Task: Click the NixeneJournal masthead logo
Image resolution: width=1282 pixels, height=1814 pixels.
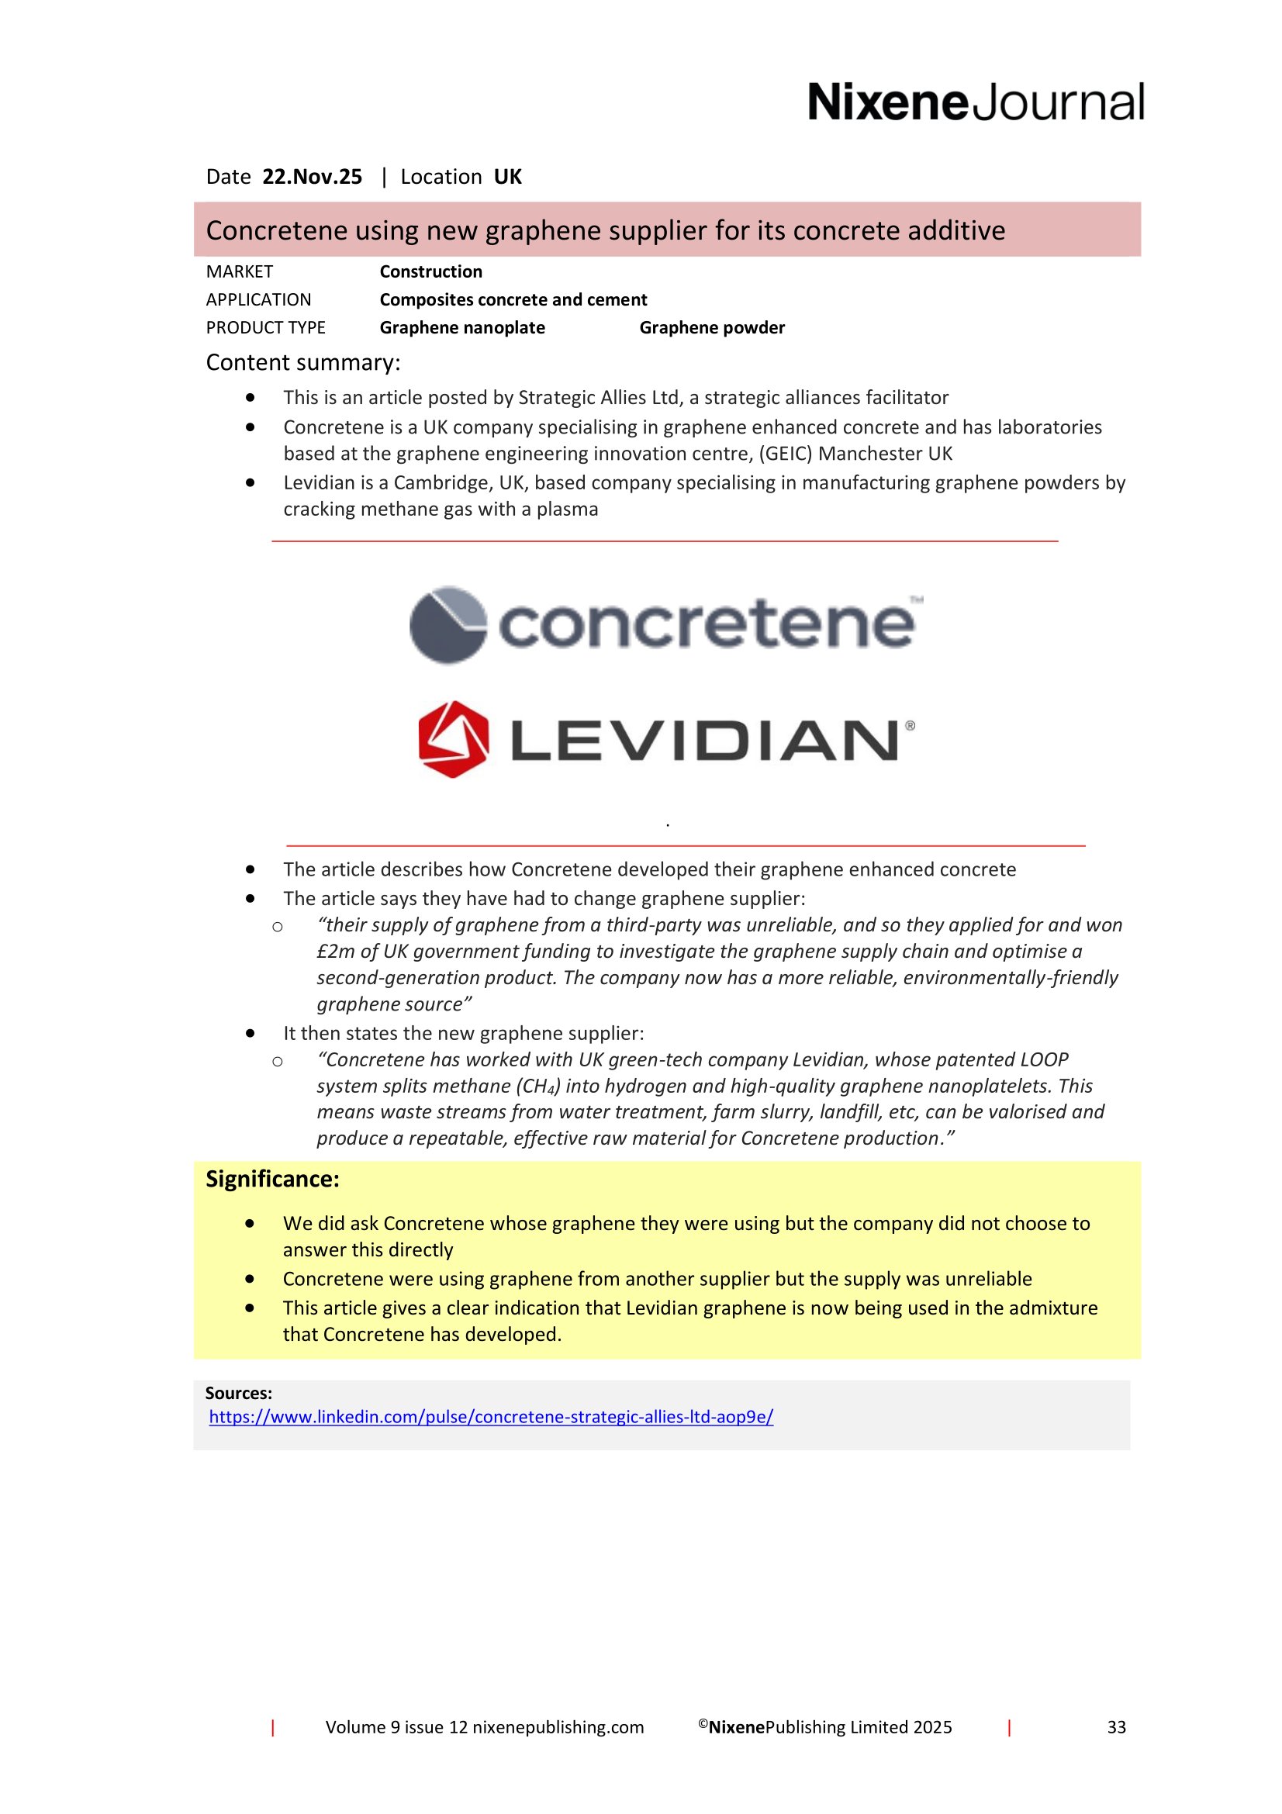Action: pyautogui.click(x=975, y=102)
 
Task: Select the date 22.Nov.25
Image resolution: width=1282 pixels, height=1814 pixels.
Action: pyautogui.click(x=312, y=177)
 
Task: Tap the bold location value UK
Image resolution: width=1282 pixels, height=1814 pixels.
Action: pyautogui.click(x=508, y=177)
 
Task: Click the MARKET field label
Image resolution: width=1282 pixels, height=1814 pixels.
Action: pyautogui.click(x=240, y=271)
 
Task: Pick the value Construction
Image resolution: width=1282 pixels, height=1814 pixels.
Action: pyautogui.click(x=430, y=271)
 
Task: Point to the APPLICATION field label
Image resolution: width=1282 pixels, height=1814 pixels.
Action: pyautogui.click(x=258, y=300)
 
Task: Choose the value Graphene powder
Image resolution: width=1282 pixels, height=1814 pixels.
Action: pyautogui.click(x=712, y=328)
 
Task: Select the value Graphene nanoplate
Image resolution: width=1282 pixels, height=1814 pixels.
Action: pyautogui.click(x=462, y=328)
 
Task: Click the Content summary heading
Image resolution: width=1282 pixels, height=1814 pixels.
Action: pyautogui.click(x=303, y=363)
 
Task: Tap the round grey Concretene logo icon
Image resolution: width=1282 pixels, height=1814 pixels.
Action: pyautogui.click(x=447, y=624)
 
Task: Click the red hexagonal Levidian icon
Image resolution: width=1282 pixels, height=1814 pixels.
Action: pyautogui.click(x=454, y=740)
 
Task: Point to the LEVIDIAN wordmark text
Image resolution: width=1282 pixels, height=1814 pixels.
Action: pyautogui.click(x=706, y=741)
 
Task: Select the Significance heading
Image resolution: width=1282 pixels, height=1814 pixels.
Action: pyautogui.click(x=272, y=1179)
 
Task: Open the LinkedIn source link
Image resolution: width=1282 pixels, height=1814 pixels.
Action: pyautogui.click(x=490, y=1417)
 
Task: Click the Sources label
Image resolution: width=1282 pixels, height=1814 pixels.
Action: pyautogui.click(x=239, y=1393)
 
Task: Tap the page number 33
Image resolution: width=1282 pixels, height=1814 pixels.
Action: pyautogui.click(x=1116, y=1727)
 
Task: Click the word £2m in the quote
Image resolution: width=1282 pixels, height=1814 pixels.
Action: pyautogui.click(x=336, y=952)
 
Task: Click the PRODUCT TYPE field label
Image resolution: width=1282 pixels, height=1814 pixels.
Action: pyautogui.click(x=265, y=328)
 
